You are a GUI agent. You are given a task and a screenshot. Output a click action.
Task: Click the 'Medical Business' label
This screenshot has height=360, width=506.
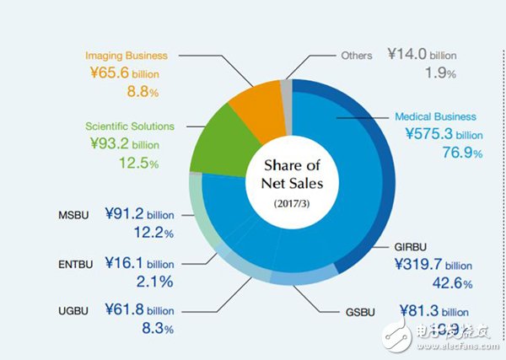point(435,116)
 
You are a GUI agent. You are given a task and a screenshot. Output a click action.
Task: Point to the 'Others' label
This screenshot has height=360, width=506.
point(358,56)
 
